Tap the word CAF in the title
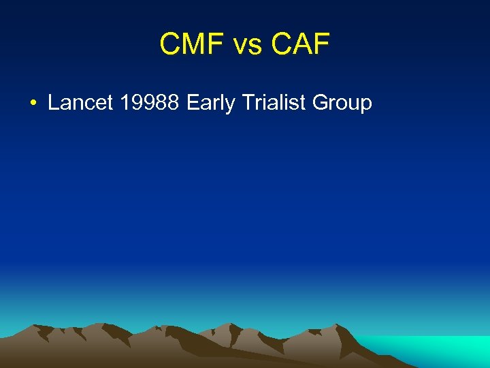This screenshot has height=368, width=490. point(300,45)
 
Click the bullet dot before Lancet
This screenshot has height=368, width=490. point(33,104)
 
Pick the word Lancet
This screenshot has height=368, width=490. point(80,103)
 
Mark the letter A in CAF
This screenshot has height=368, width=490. point(301,45)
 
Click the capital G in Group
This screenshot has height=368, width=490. point(321,103)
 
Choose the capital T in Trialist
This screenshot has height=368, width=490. point(246,103)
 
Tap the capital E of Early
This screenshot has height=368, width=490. point(193,103)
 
